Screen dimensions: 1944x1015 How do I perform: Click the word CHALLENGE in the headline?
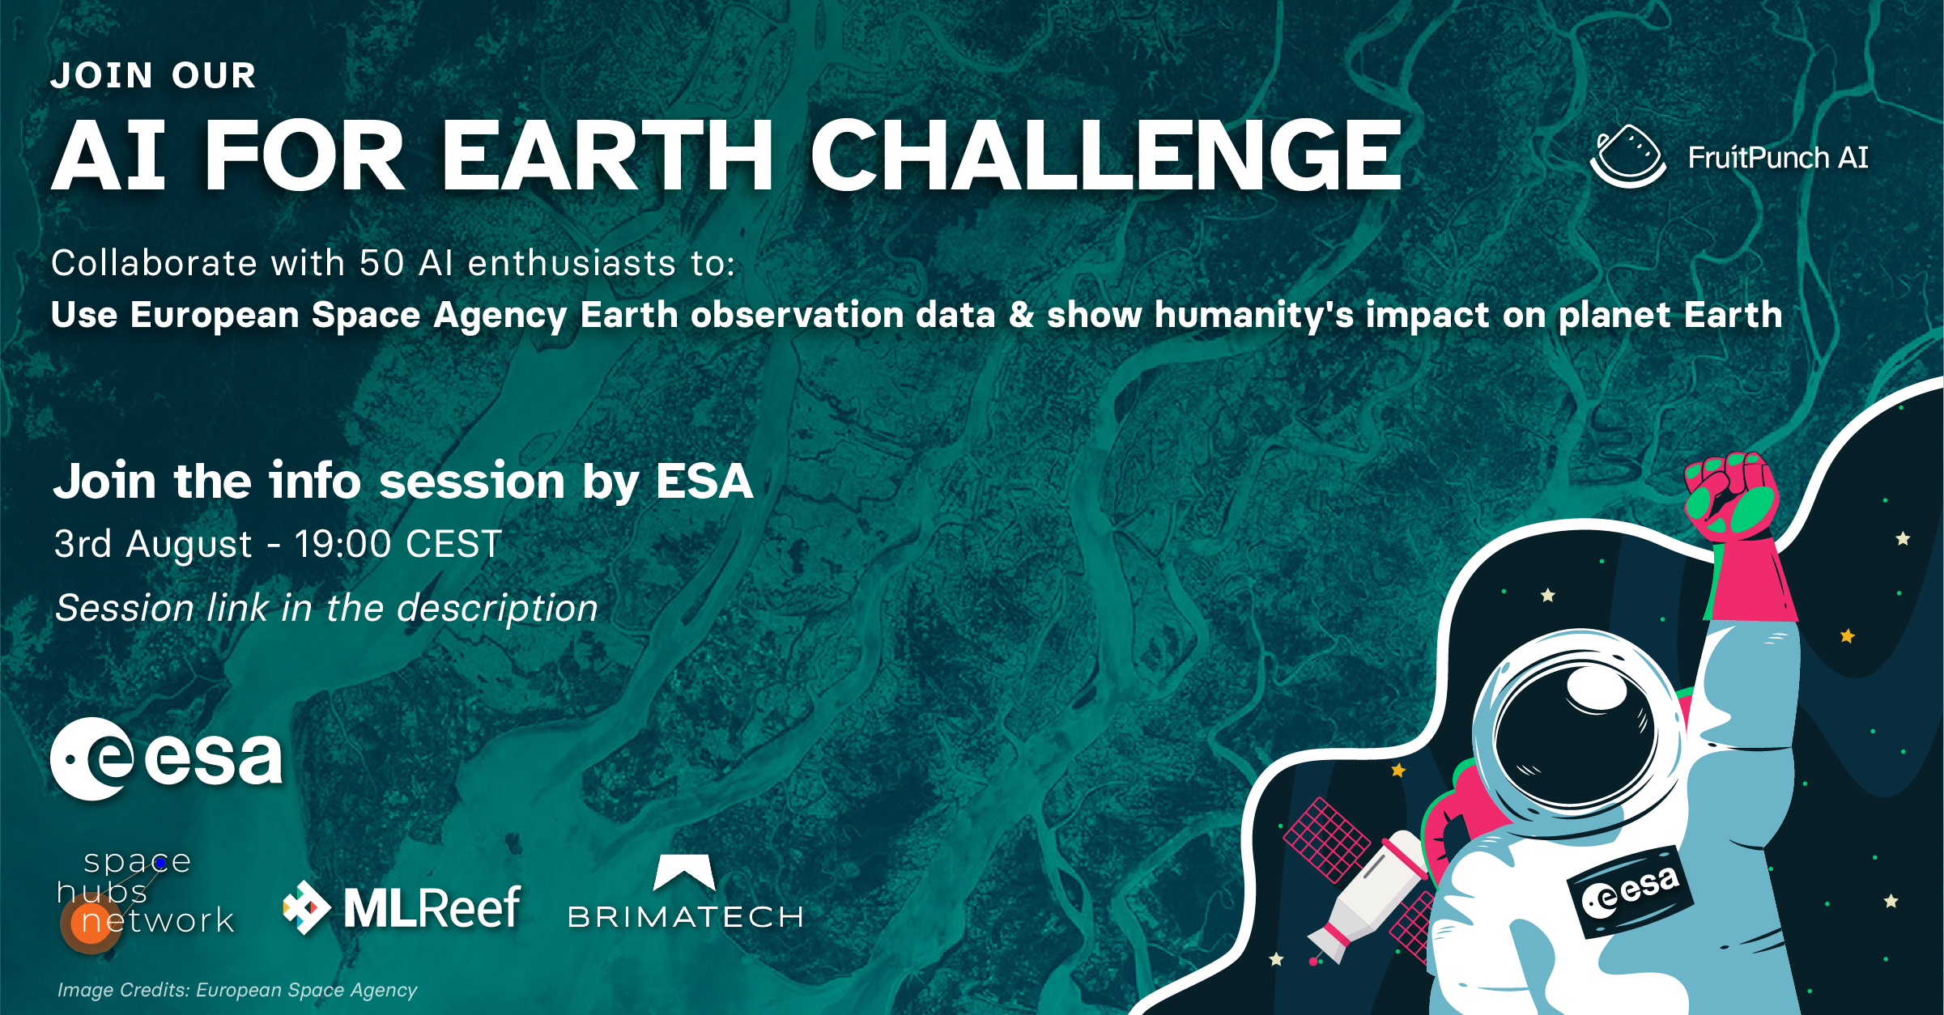click(x=1106, y=155)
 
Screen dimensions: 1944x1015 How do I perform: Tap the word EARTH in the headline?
click(x=606, y=155)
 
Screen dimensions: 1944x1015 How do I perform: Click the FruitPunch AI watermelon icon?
click(x=1627, y=156)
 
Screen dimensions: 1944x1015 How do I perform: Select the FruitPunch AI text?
click(x=1778, y=157)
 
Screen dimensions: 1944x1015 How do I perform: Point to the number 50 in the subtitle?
click(x=381, y=263)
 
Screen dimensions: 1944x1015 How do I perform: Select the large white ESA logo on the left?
click(x=167, y=758)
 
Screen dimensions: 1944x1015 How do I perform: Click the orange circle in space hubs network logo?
click(x=90, y=923)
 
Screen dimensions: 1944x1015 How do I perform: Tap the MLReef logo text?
click(x=431, y=908)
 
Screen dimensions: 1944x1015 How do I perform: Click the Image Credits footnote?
click(x=237, y=990)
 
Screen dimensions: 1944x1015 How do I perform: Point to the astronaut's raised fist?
click(x=1730, y=496)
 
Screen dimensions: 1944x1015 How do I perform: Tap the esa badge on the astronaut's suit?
click(x=1630, y=891)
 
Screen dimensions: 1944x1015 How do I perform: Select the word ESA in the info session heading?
click(x=704, y=481)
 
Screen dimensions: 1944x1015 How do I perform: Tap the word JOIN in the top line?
click(x=102, y=76)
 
